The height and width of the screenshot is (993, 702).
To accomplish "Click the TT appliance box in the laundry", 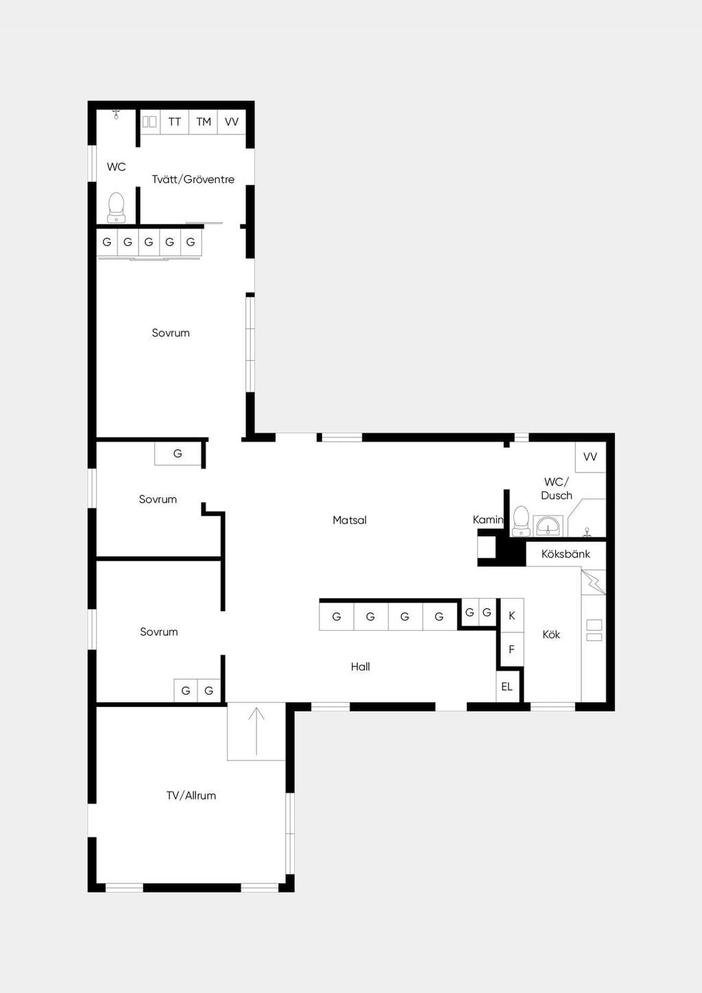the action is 175,122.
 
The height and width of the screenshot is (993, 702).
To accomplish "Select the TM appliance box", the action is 204,122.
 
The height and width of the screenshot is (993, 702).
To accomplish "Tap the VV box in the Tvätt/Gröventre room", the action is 231,122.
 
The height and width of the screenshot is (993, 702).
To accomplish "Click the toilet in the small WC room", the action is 116,208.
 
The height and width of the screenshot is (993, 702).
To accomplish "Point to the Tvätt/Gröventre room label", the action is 193,180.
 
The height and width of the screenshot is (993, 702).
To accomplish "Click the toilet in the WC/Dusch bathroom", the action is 521,521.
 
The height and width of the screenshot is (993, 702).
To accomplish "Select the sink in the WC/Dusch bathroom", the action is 548,526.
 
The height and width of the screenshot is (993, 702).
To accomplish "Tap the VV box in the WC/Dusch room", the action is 590,457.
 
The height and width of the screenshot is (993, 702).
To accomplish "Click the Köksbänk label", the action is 566,554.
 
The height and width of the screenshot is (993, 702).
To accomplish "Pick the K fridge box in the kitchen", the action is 512,615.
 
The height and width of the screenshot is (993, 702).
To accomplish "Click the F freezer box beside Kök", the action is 512,649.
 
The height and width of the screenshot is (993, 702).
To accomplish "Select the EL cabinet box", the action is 507,687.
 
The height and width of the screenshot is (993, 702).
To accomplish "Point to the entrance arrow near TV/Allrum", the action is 256,732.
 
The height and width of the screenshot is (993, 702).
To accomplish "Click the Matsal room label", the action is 350,520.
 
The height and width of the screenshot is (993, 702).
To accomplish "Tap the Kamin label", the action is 488,520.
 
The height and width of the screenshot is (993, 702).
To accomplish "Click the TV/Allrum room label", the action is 191,795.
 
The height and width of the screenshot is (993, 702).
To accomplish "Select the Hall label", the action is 361,667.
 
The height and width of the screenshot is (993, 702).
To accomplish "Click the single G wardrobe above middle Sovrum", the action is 178,453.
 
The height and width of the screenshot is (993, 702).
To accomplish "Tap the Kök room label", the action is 551,634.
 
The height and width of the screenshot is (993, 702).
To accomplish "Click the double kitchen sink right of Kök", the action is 594,630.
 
